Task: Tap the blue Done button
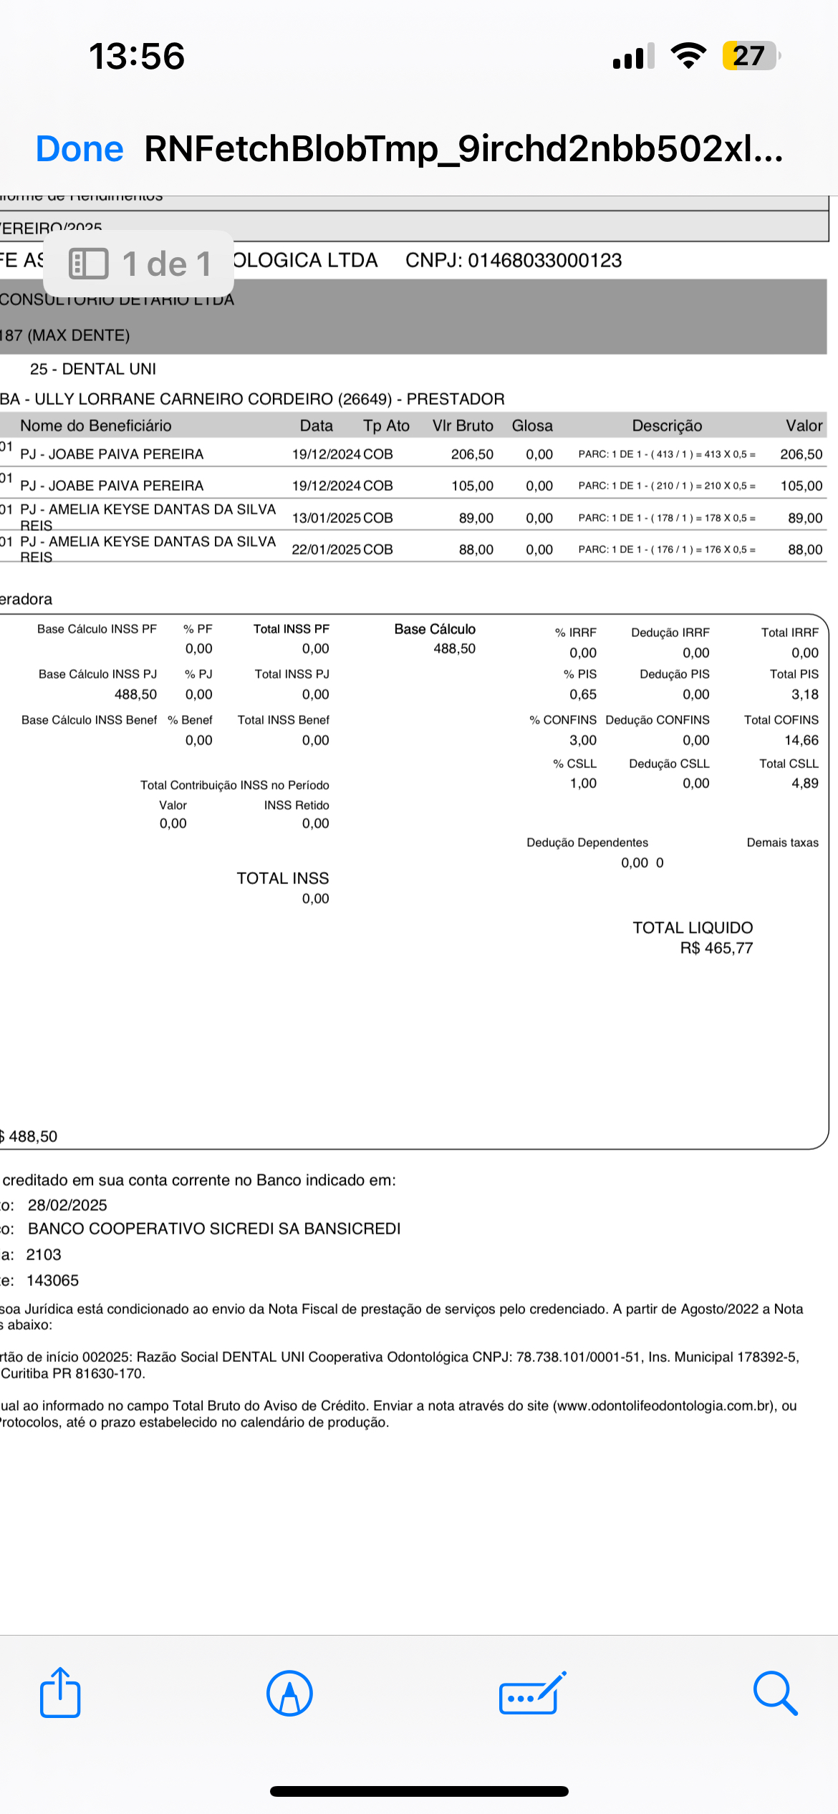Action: click(x=80, y=149)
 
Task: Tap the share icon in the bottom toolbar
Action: click(x=60, y=1693)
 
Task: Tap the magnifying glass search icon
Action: click(x=775, y=1694)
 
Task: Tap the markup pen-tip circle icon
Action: click(x=289, y=1694)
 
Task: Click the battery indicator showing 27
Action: click(x=750, y=56)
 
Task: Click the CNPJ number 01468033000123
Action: click(x=544, y=260)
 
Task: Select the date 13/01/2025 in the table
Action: click(x=327, y=518)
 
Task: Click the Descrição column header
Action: click(x=667, y=426)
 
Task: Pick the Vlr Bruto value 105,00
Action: click(x=472, y=486)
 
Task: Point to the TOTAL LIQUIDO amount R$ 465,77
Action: click(x=716, y=948)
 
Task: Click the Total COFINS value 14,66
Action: click(x=801, y=740)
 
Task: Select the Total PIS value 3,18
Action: click(x=804, y=694)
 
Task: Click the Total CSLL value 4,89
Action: click(x=804, y=783)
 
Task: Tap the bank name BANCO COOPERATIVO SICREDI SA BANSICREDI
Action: click(x=214, y=1229)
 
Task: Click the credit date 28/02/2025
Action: click(x=67, y=1205)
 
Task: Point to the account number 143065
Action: click(x=52, y=1280)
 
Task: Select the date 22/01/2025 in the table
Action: click(x=327, y=550)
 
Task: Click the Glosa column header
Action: click(x=532, y=426)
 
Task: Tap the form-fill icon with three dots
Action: click(x=531, y=1694)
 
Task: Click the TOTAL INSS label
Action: click(x=283, y=878)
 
